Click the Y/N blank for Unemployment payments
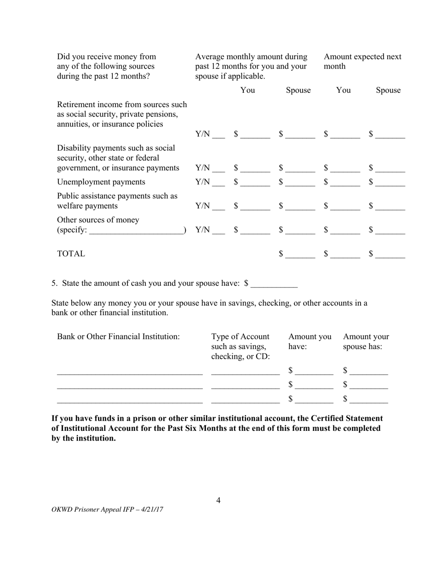(218, 183)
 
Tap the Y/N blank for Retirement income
(218, 135)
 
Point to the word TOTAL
(71, 254)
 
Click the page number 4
(218, 500)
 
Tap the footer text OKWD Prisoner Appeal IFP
(108, 509)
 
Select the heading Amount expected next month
(362, 62)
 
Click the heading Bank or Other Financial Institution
(118, 337)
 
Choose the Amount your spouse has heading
(366, 342)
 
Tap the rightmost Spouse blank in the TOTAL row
(390, 254)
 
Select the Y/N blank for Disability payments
(218, 169)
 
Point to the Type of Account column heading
(240, 346)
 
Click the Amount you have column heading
(310, 342)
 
